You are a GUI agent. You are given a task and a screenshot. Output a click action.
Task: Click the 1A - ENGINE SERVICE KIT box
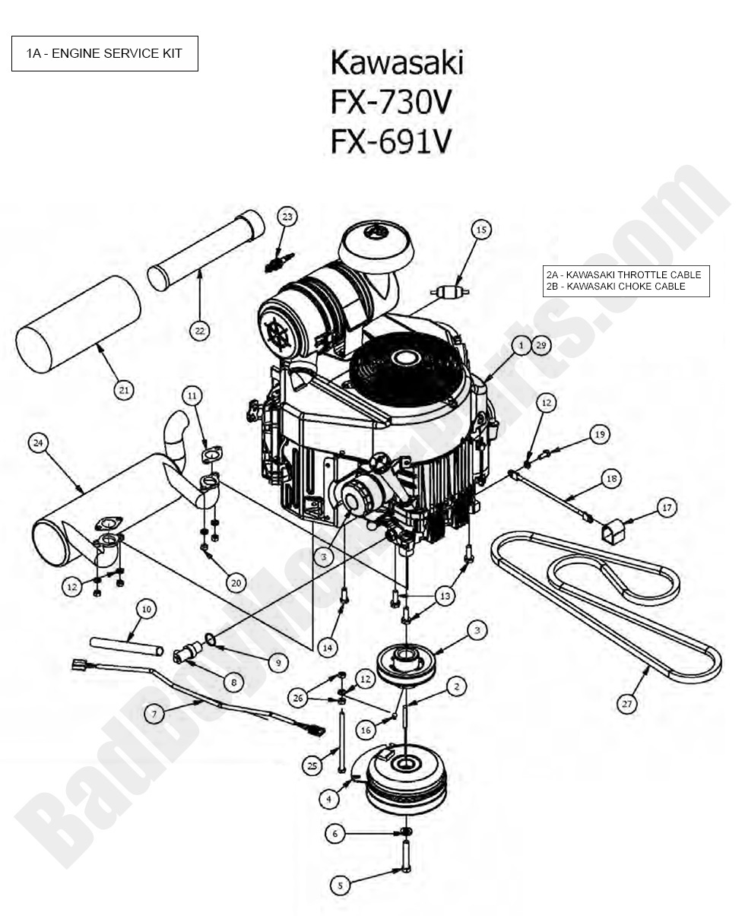click(104, 53)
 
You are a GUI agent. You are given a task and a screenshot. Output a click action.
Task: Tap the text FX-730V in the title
click(392, 102)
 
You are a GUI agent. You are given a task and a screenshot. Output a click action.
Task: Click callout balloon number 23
click(287, 217)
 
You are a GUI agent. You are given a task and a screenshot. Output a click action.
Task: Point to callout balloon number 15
click(480, 230)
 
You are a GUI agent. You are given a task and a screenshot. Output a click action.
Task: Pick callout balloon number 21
click(123, 390)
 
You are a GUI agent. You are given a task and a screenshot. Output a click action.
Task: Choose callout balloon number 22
click(199, 331)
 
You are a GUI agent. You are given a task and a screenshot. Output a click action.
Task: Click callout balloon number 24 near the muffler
click(38, 442)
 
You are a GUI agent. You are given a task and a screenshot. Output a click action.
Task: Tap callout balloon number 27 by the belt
click(626, 704)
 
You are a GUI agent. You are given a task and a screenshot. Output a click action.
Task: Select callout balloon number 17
click(667, 507)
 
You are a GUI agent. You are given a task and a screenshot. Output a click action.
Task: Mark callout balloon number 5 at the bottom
click(341, 885)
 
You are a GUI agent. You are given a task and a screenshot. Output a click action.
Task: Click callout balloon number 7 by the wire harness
click(154, 714)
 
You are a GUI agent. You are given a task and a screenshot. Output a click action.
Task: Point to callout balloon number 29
click(541, 345)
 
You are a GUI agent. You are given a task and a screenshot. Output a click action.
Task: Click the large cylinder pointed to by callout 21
click(78, 324)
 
